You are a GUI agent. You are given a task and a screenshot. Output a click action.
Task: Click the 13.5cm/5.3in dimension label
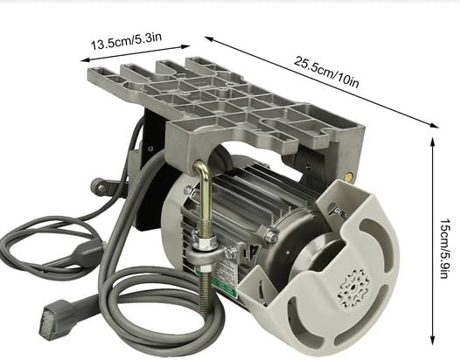[126, 41]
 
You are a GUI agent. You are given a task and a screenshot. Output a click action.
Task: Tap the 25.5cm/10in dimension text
[326, 72]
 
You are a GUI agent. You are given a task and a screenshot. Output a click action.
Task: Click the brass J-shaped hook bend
[202, 170]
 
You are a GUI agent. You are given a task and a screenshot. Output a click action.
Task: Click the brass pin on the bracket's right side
[350, 176]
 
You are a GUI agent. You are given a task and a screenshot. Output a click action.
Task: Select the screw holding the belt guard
[338, 211]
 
